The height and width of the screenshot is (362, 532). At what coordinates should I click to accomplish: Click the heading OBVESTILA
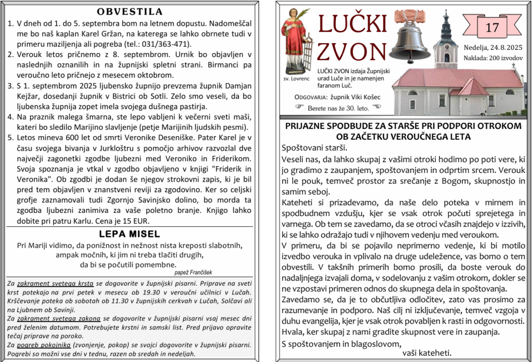pyautogui.click(x=130, y=12)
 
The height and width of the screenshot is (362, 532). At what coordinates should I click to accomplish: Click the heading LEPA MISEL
pyautogui.click(x=130, y=234)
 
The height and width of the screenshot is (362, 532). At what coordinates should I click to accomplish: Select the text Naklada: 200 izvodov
pyautogui.click(x=493, y=58)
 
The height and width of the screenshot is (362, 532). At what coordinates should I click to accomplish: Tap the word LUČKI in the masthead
pyautogui.click(x=352, y=23)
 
